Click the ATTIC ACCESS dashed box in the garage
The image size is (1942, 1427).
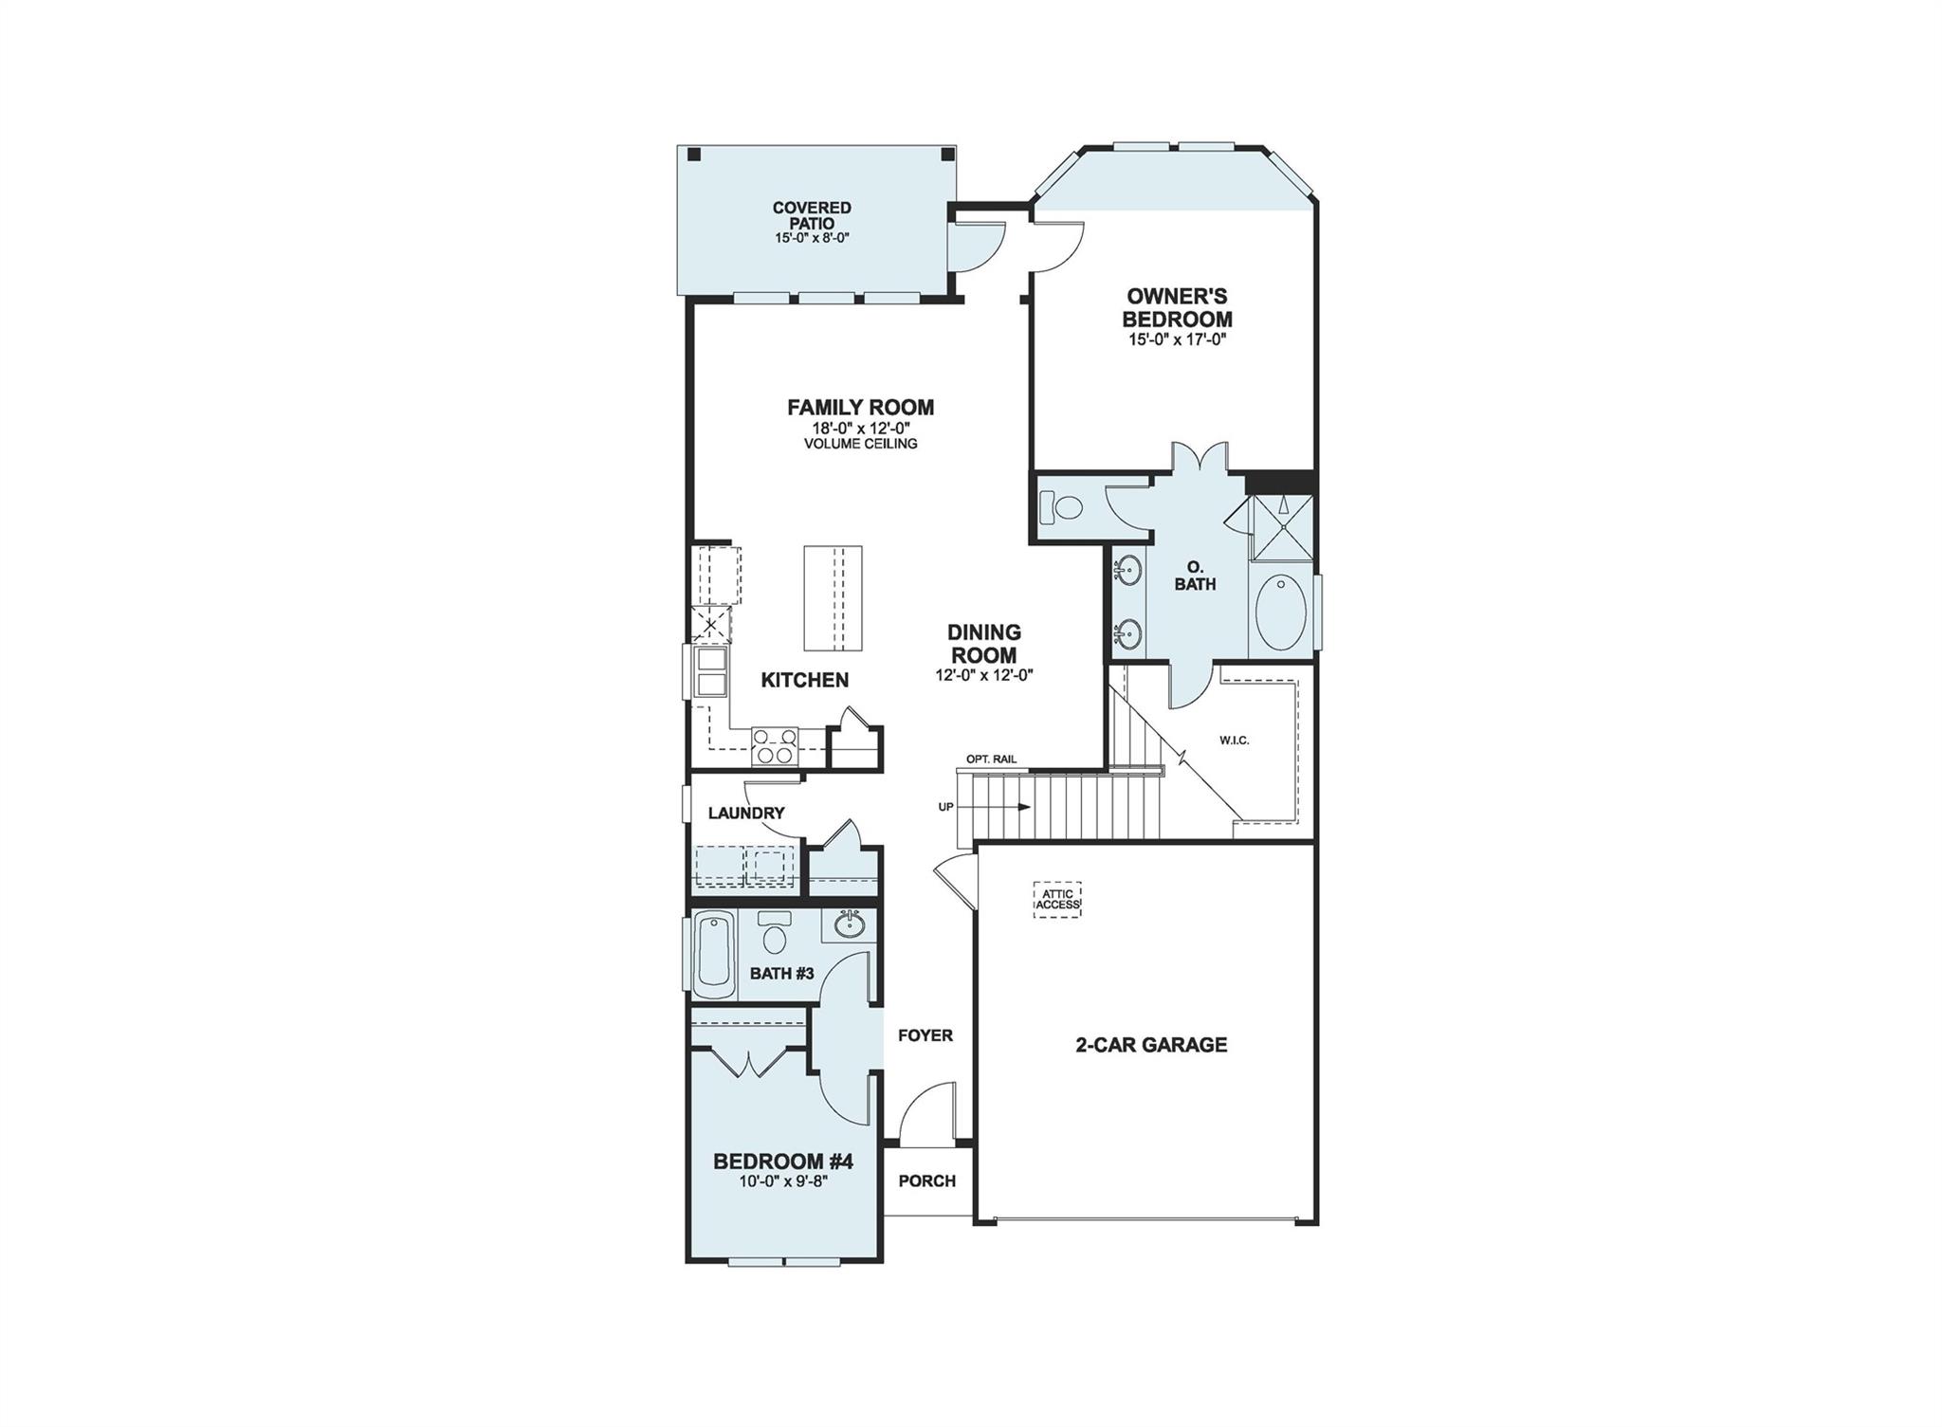point(1056,899)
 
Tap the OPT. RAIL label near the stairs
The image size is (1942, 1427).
point(991,759)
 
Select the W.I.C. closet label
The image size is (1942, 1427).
point(1235,740)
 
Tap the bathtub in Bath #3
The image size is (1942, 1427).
point(714,955)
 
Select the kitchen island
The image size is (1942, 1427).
point(833,597)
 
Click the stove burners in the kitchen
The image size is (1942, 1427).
point(775,746)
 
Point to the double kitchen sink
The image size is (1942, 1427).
point(710,671)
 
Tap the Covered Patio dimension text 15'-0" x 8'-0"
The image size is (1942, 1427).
point(811,238)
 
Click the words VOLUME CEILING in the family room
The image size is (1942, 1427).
point(860,444)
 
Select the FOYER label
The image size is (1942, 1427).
point(925,1035)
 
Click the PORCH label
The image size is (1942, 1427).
point(926,1180)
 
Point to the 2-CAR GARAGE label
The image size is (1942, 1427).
point(1151,1045)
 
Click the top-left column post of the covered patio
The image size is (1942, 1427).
point(694,155)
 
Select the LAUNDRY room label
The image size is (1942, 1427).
point(746,813)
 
